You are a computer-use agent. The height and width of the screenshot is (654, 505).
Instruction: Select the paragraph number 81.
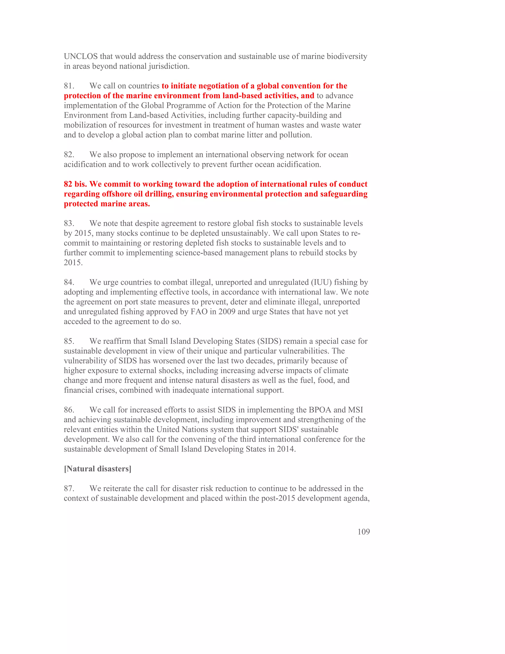(69, 86)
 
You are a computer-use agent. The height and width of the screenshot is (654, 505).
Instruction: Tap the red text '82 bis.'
(75, 184)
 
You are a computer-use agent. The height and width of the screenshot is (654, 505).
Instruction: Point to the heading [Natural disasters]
(98, 469)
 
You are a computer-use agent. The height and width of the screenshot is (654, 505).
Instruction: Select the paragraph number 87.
(69, 488)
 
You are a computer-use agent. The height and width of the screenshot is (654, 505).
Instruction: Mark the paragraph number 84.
(69, 282)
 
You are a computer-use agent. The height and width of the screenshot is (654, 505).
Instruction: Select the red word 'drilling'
(159, 194)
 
